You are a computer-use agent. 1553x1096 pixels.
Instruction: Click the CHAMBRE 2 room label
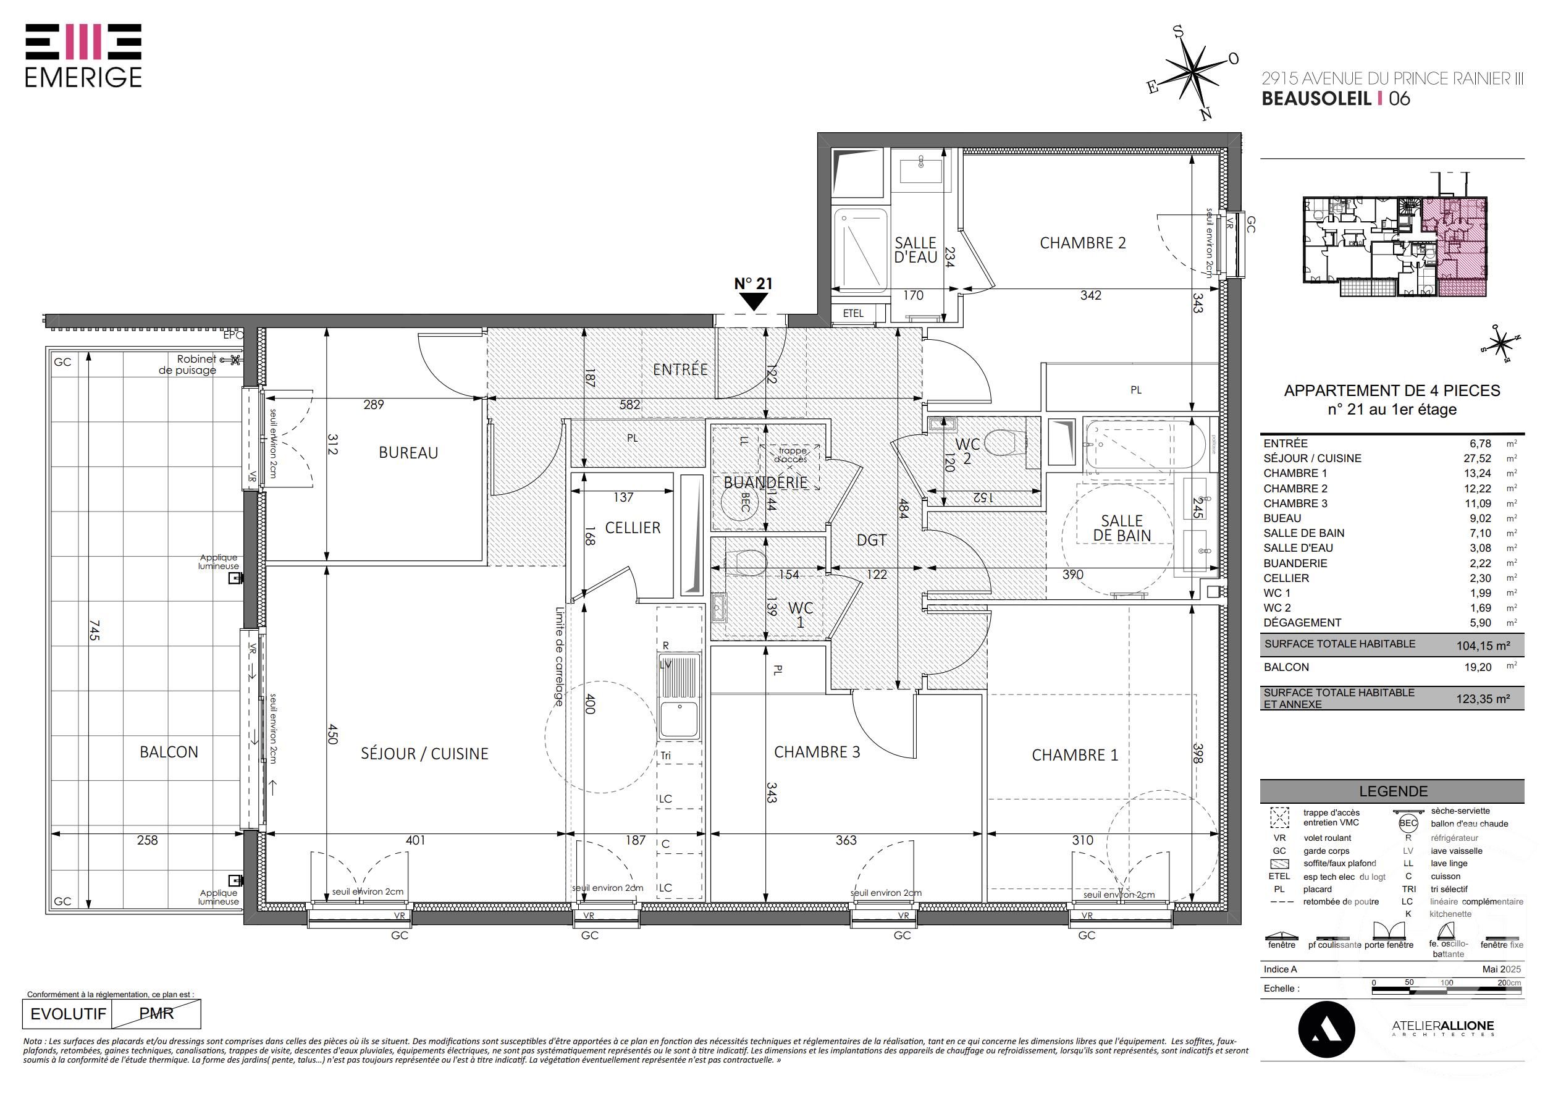(x=1082, y=243)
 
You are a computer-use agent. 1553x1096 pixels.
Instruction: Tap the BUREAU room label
(x=408, y=453)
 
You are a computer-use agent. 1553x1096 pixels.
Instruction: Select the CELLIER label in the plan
(x=633, y=528)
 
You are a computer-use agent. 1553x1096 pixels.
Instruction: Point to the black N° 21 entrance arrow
(x=754, y=303)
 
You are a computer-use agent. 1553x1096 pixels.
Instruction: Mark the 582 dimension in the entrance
(x=629, y=405)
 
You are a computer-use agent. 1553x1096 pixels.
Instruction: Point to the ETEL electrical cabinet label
(x=853, y=313)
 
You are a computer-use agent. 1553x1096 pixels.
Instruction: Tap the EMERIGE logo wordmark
(x=83, y=77)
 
